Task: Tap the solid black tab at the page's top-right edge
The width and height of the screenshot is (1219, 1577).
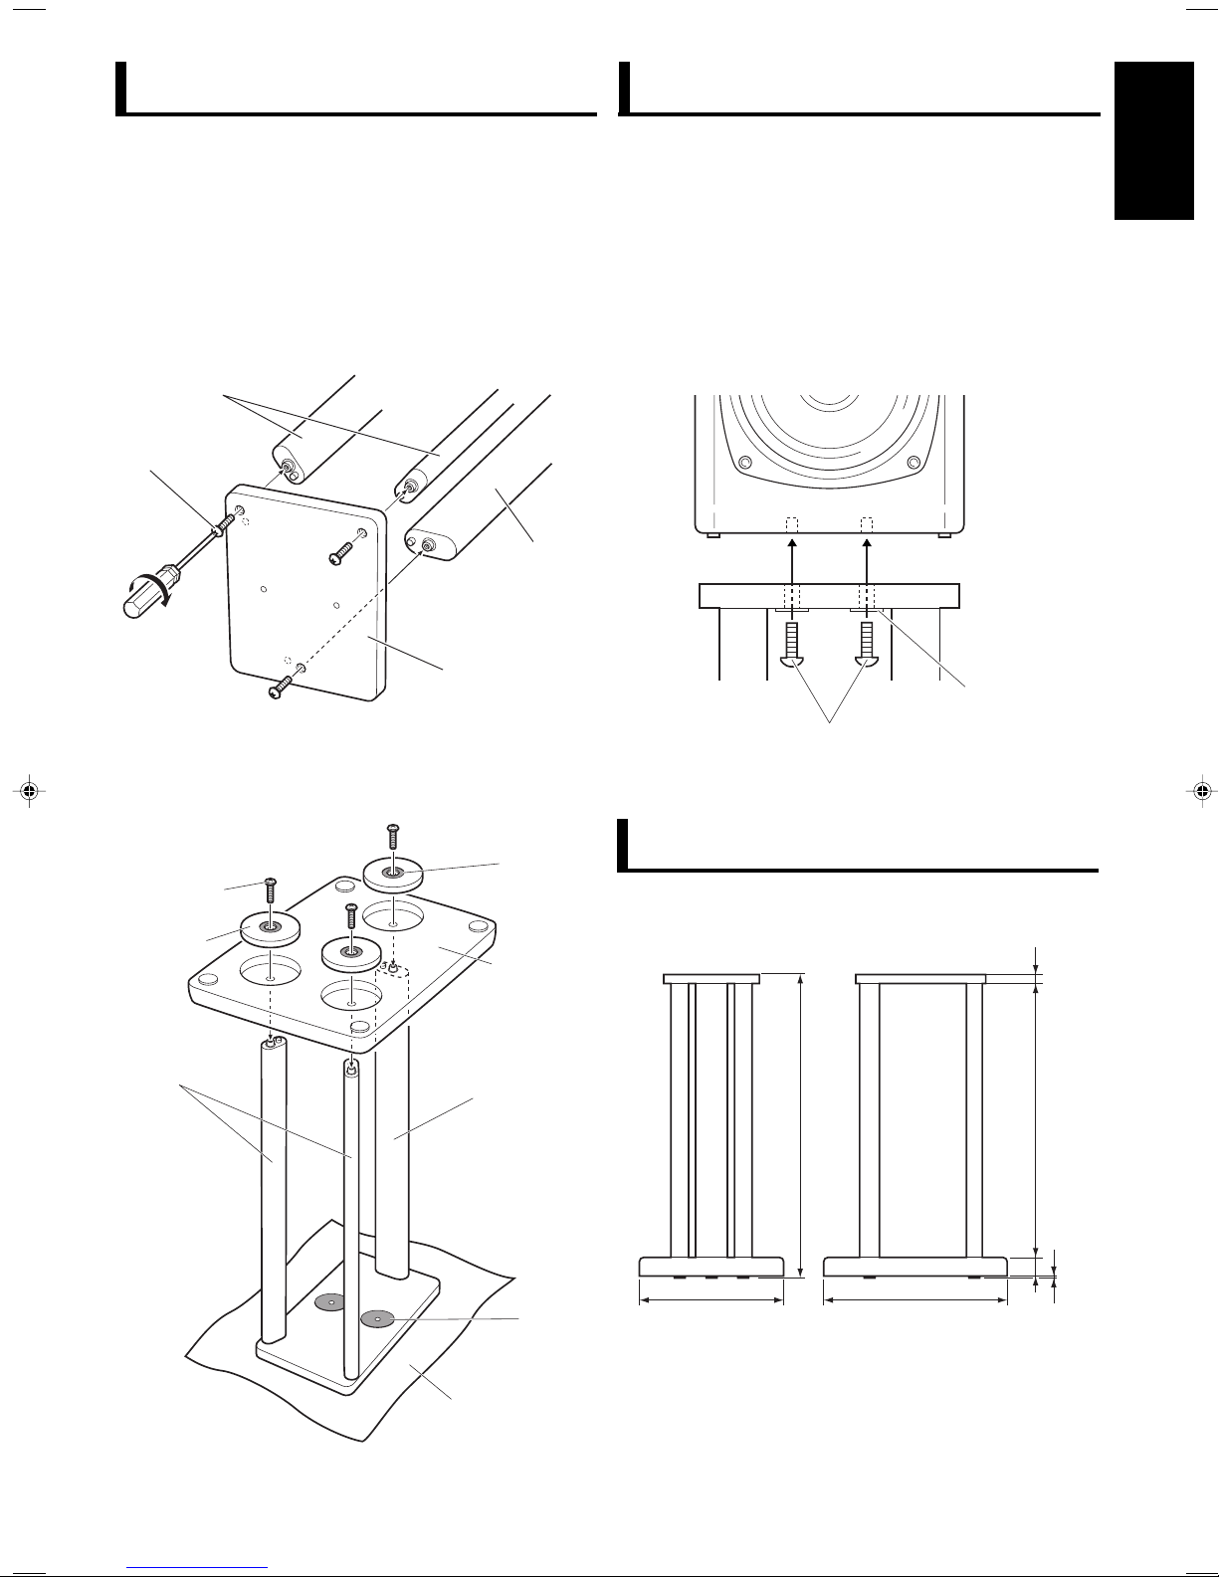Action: click(1153, 140)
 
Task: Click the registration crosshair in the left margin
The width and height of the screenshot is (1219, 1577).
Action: click(29, 792)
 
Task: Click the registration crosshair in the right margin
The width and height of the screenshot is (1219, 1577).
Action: click(1202, 792)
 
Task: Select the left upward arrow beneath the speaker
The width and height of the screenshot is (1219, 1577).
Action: click(792, 559)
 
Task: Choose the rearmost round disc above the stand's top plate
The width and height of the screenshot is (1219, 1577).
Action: click(393, 875)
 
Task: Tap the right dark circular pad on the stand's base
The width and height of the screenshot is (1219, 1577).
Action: click(376, 1318)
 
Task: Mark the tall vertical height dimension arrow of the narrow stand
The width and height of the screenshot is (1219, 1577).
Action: click(800, 1125)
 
